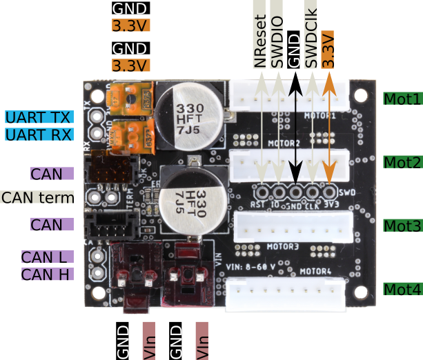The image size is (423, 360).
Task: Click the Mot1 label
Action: tap(402, 99)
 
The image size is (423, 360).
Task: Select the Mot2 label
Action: tap(402, 163)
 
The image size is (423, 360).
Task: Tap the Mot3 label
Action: tap(402, 226)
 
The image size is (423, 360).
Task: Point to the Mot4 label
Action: tap(402, 289)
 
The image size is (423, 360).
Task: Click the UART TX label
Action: tap(39, 117)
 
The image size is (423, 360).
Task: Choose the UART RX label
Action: tap(39, 134)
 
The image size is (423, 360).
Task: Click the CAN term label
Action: tap(37, 198)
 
